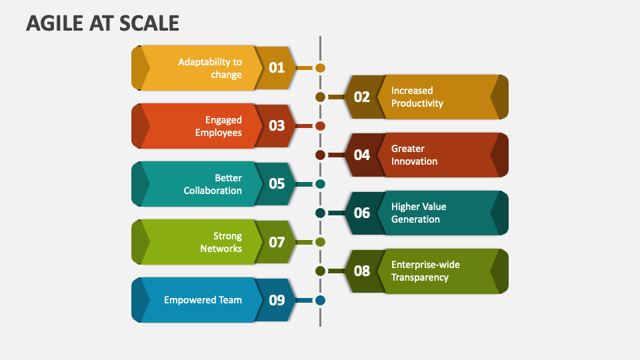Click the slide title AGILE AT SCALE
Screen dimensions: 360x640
[103, 23]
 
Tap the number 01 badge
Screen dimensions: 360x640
[276, 68]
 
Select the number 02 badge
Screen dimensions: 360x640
[361, 97]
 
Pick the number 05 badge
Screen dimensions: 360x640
[276, 184]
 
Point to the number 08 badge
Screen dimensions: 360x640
[361, 271]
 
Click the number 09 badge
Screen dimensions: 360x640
[276, 300]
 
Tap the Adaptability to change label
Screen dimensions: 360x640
[209, 68]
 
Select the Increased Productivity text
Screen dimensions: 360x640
[417, 97]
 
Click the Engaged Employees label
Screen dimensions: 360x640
[218, 126]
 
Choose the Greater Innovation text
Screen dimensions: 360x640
[414, 155]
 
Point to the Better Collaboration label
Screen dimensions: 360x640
[213, 184]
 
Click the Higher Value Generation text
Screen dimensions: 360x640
[419, 213]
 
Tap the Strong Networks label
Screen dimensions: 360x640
[221, 242]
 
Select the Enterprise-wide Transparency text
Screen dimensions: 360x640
[425, 271]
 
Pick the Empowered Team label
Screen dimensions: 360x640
[203, 300]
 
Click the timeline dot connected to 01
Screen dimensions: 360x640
[320, 68]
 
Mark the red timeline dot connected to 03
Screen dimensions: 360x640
[320, 126]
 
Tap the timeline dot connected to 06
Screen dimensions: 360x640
[320, 213]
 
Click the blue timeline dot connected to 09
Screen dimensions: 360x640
[320, 300]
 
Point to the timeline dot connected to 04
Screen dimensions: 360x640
[320, 155]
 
